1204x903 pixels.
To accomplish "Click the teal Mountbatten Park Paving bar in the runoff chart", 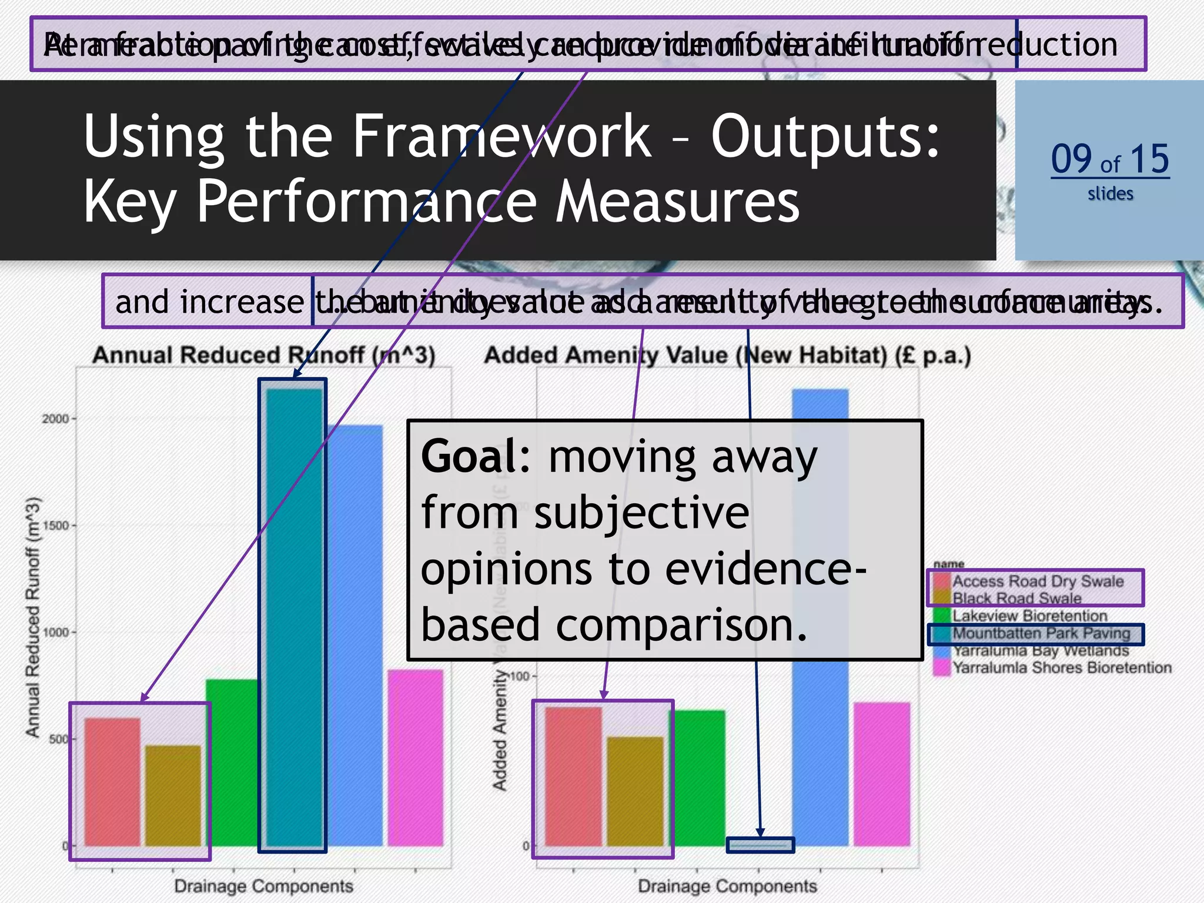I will pos(293,617).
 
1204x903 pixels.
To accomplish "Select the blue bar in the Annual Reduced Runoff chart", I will pos(354,635).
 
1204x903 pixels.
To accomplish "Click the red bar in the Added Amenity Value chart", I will pos(573,776).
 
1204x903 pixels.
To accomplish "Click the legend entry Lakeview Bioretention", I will pos(1029,616).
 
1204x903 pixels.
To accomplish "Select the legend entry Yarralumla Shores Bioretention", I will pos(1061,668).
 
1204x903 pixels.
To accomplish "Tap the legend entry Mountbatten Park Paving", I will pos(1041,634).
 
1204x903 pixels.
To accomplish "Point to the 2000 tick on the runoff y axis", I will pos(55,419).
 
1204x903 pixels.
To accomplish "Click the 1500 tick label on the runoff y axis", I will pos(55,526).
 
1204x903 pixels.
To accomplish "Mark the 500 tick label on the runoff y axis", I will pos(58,739).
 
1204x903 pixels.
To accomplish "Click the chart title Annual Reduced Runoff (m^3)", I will pos(263,356).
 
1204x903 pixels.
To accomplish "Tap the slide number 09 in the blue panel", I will pos(1070,159).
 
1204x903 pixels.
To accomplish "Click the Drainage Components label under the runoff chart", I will pos(263,885).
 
